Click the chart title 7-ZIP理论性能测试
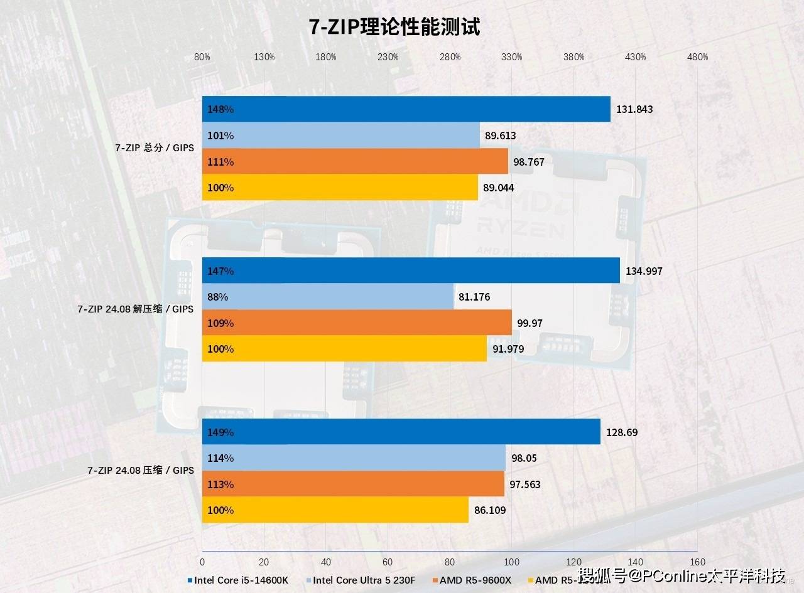[x=394, y=27]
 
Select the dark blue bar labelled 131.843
[x=406, y=109]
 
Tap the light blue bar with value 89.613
[x=340, y=136]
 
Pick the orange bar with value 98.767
[x=355, y=162]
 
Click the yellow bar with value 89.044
[x=340, y=188]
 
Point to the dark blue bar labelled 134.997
[x=411, y=270]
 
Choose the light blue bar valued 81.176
[x=327, y=297]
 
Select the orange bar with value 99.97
[x=357, y=323]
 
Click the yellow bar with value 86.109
[x=335, y=510]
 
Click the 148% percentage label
[x=220, y=109]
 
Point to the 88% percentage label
[x=218, y=297]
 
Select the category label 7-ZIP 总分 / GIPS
[x=154, y=148]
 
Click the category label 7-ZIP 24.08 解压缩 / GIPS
[x=135, y=309]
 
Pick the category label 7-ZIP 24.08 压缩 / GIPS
[x=140, y=471]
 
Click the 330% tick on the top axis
[x=511, y=57]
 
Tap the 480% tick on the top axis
[x=697, y=57]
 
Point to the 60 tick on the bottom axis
[x=388, y=562]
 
